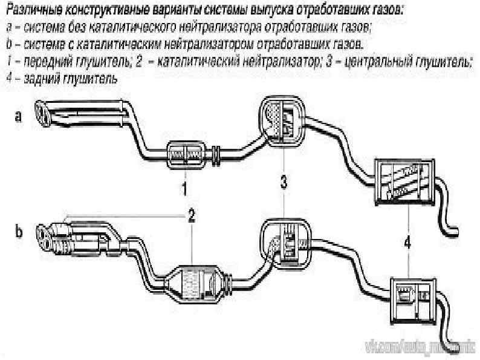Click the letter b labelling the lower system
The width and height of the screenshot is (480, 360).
pos(18,232)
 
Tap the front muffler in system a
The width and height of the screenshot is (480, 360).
pos(186,154)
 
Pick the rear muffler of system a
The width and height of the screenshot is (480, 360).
pos(404,182)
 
